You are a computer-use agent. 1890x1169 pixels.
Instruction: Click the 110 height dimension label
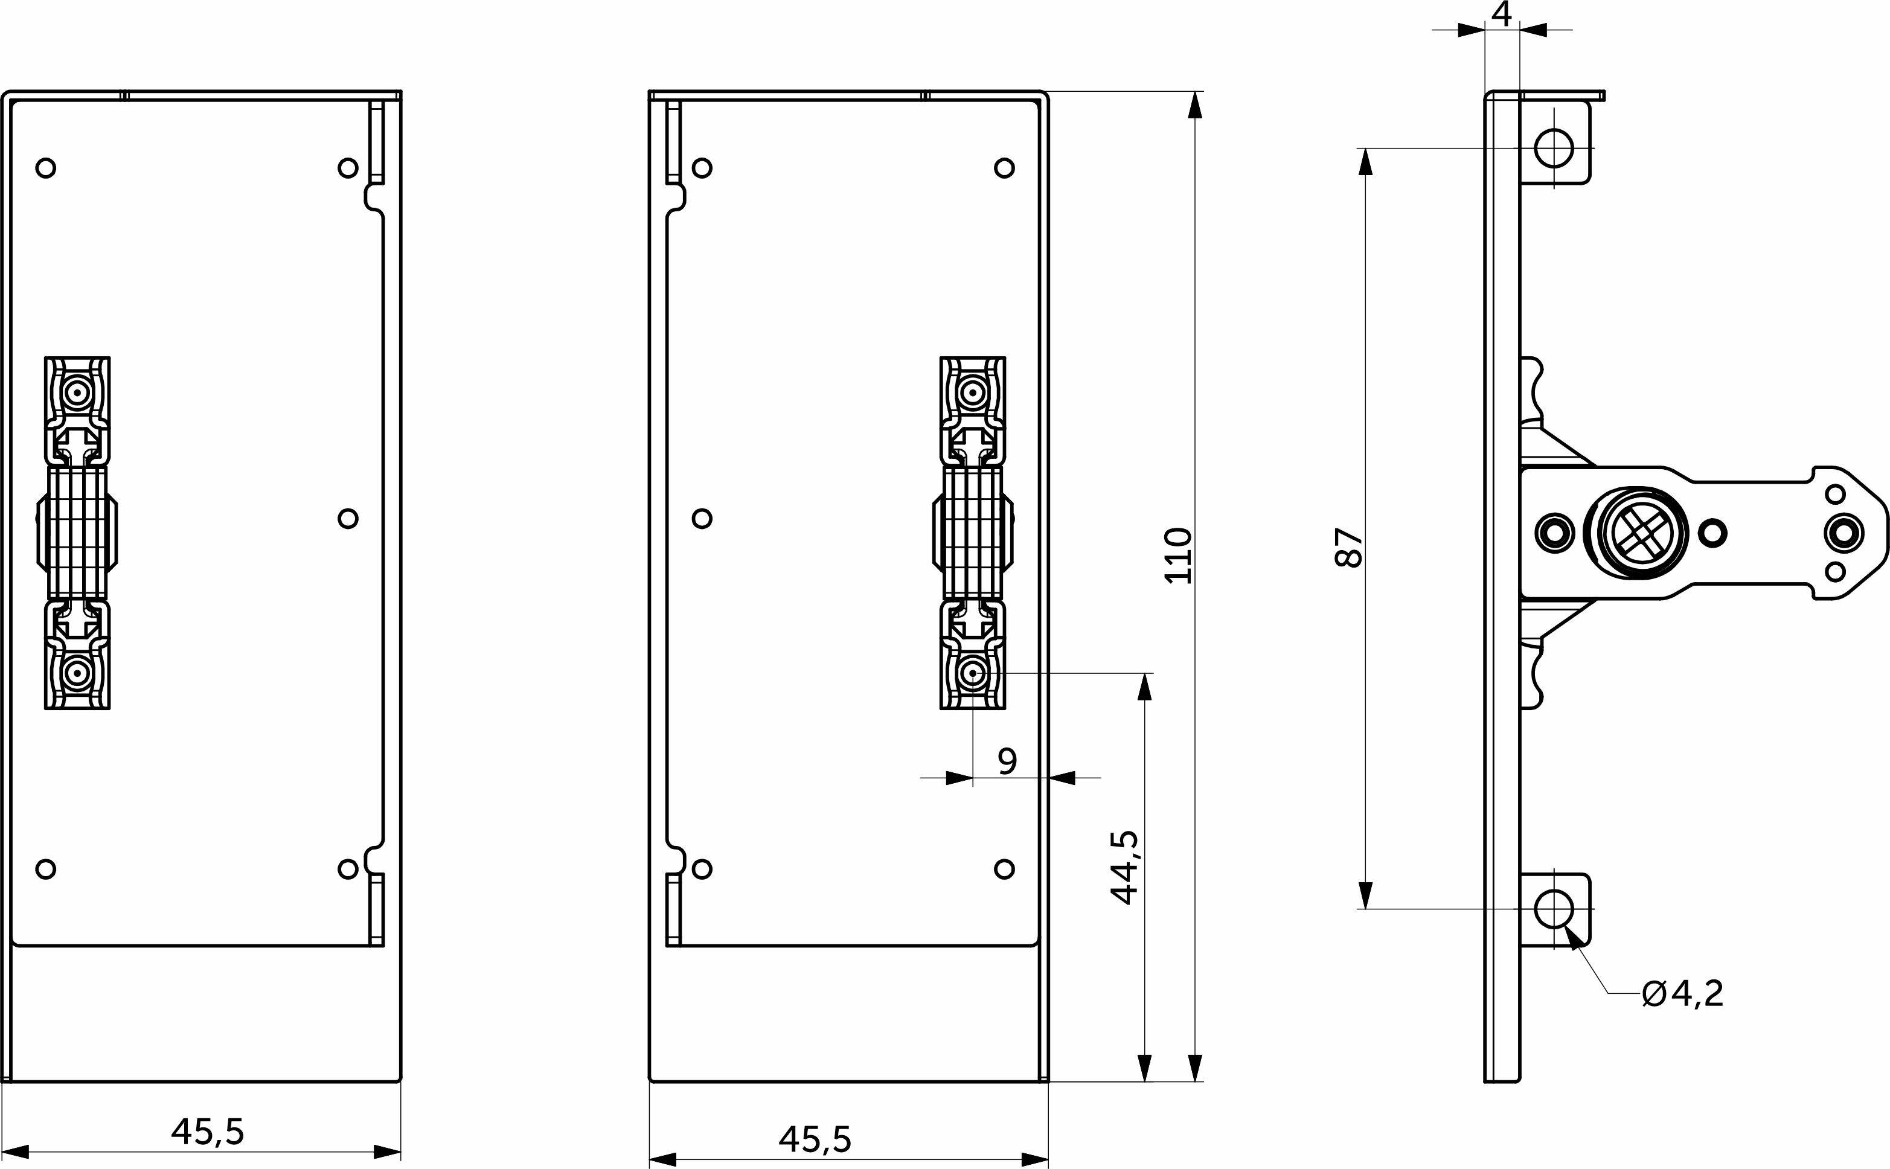click(x=1178, y=555)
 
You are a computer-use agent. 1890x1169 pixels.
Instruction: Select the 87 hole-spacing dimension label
click(x=1349, y=548)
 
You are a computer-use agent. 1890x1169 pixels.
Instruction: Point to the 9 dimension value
click(x=1007, y=761)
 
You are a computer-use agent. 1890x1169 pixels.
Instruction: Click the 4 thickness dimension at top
click(x=1501, y=14)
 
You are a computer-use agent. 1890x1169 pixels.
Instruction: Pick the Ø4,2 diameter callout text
click(x=1682, y=993)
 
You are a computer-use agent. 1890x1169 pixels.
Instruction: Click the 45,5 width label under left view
click(x=207, y=1132)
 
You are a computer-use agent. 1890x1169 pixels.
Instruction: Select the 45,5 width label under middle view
click(x=815, y=1139)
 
